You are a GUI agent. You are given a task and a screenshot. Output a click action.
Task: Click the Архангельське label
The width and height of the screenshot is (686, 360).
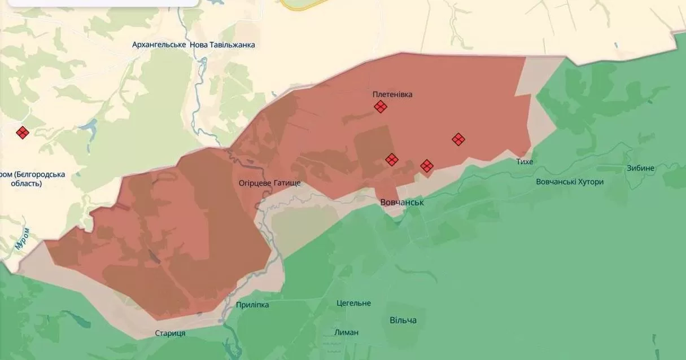pos(159,45)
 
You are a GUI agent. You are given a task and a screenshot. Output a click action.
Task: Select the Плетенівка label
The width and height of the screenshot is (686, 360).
pos(392,94)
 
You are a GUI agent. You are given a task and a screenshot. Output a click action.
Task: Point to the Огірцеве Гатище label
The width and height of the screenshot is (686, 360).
pos(269,183)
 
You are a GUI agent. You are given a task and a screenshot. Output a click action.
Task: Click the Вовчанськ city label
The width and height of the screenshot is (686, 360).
pos(402,202)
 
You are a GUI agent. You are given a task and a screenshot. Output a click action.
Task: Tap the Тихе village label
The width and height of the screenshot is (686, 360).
pos(525,162)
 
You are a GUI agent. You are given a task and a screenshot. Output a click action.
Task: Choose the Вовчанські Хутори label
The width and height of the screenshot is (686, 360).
pos(570,182)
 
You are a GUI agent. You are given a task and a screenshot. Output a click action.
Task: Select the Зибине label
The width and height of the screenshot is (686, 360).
pos(640,168)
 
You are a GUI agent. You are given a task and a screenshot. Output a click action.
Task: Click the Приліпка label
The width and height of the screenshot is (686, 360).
pos(252,305)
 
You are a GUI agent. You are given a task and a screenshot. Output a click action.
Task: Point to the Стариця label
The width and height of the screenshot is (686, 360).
pos(170,333)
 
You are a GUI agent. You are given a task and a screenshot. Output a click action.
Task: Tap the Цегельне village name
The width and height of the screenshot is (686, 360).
pos(353,303)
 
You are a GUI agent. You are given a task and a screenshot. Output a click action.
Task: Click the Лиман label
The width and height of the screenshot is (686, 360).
pos(346,332)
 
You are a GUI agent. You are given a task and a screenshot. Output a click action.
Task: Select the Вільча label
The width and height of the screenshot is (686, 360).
pos(403,321)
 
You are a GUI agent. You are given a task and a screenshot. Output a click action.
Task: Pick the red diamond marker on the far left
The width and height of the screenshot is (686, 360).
pos(23,133)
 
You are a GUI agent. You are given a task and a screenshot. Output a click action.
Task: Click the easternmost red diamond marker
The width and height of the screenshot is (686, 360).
pos(458,139)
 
